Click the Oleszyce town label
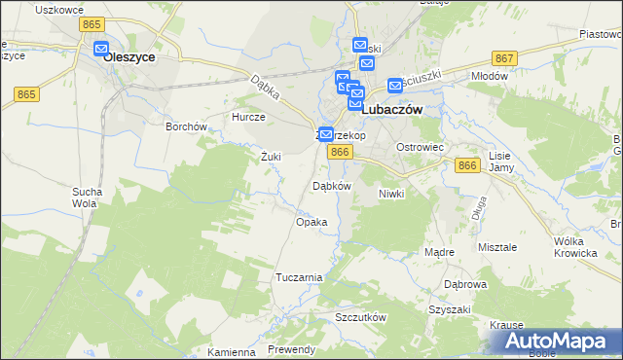(x=129, y=57)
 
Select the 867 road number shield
(x=504, y=59)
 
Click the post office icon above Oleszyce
(x=101, y=48)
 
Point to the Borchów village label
(x=186, y=126)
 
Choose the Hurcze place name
(x=247, y=117)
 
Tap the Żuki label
(x=271, y=156)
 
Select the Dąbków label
(x=331, y=186)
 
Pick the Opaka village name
(x=311, y=222)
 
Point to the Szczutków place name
(x=360, y=318)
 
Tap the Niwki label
(x=390, y=194)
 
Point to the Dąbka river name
(x=265, y=91)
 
